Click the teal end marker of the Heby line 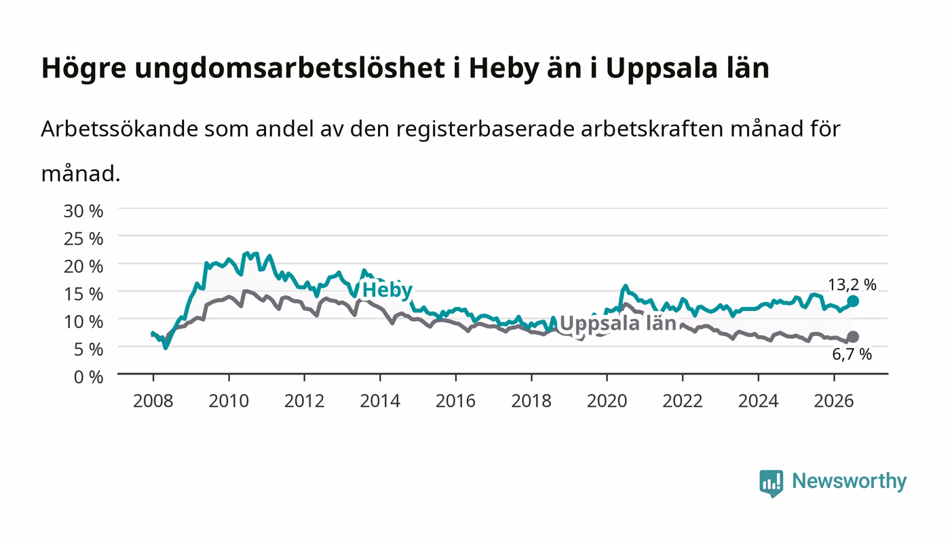853,301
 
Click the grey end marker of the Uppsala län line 853,337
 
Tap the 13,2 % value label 852,284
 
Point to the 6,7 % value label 852,354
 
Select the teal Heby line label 387,291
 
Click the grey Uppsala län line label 618,323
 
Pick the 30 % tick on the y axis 83,211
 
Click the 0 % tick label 88,377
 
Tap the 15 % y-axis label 83,294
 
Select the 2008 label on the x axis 153,401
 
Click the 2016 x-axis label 455,401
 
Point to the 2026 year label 834,401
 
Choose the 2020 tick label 607,401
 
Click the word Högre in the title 83,69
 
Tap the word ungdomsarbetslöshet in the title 290,69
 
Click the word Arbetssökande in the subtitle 119,128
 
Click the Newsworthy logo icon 771,483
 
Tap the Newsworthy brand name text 849,481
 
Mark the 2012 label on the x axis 305,401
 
